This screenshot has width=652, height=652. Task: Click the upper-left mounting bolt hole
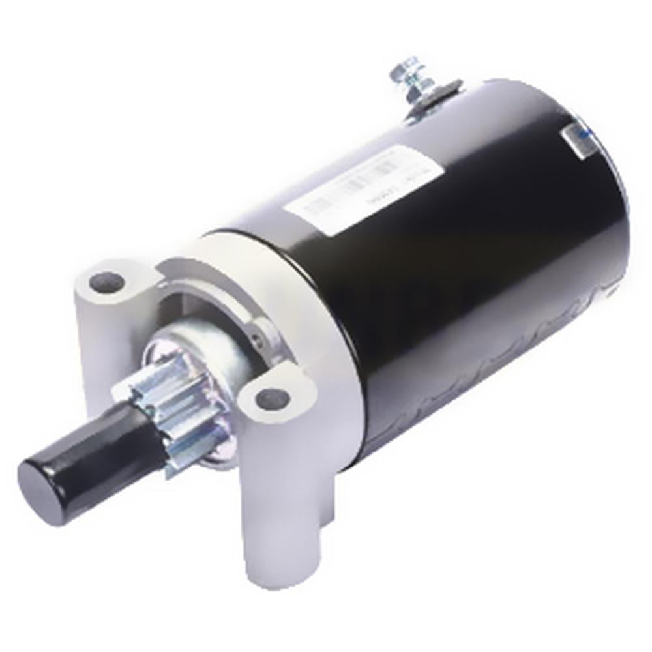click(x=106, y=282)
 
